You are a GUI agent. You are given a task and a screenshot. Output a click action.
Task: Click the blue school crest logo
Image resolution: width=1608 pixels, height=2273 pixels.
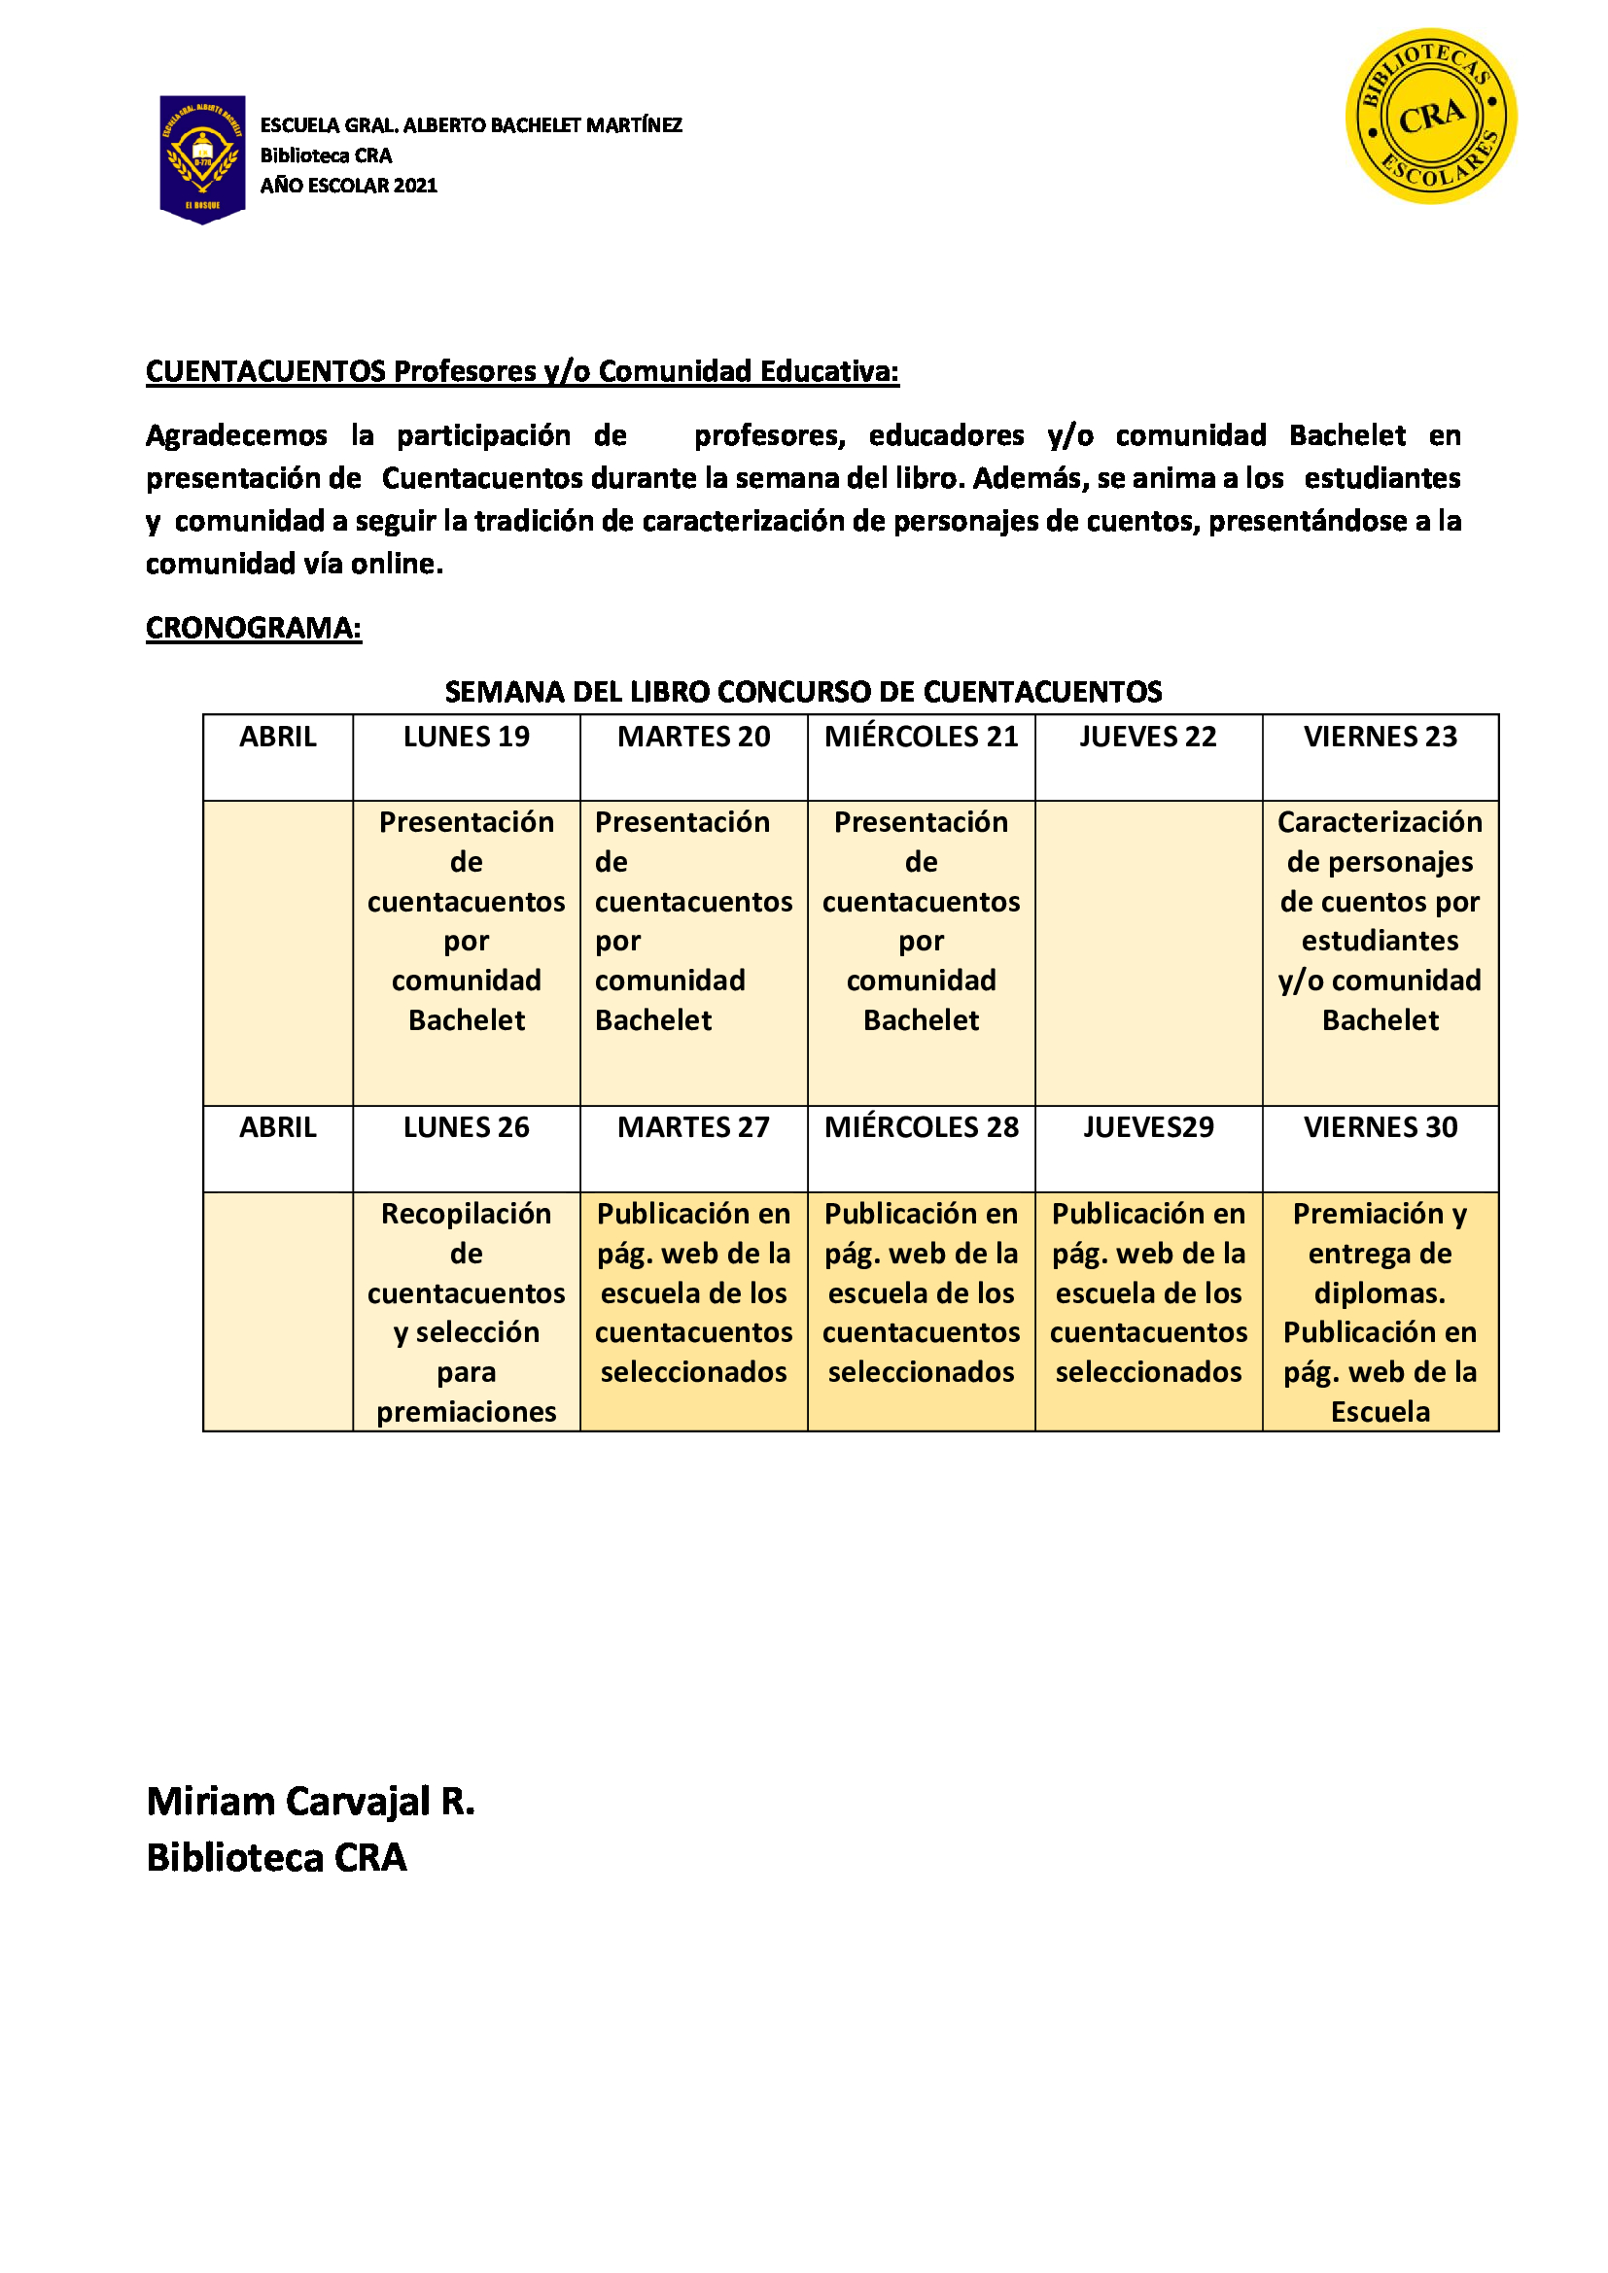202,158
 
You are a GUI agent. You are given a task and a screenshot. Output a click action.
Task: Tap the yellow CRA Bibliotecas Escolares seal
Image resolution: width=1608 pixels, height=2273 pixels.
1430,116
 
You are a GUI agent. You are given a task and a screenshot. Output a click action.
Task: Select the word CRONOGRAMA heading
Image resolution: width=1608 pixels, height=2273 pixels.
254,628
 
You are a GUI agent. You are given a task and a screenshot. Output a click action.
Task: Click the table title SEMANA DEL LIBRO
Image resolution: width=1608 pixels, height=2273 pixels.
803,691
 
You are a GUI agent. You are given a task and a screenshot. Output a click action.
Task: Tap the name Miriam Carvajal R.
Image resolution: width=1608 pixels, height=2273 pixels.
310,1802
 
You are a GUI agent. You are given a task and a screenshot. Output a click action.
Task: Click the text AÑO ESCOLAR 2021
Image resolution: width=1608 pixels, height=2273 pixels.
349,186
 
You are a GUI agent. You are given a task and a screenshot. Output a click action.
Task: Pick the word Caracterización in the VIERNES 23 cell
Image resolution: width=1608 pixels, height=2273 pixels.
1380,822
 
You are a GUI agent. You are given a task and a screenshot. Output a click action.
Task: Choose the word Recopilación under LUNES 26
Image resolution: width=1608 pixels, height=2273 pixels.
467,1213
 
